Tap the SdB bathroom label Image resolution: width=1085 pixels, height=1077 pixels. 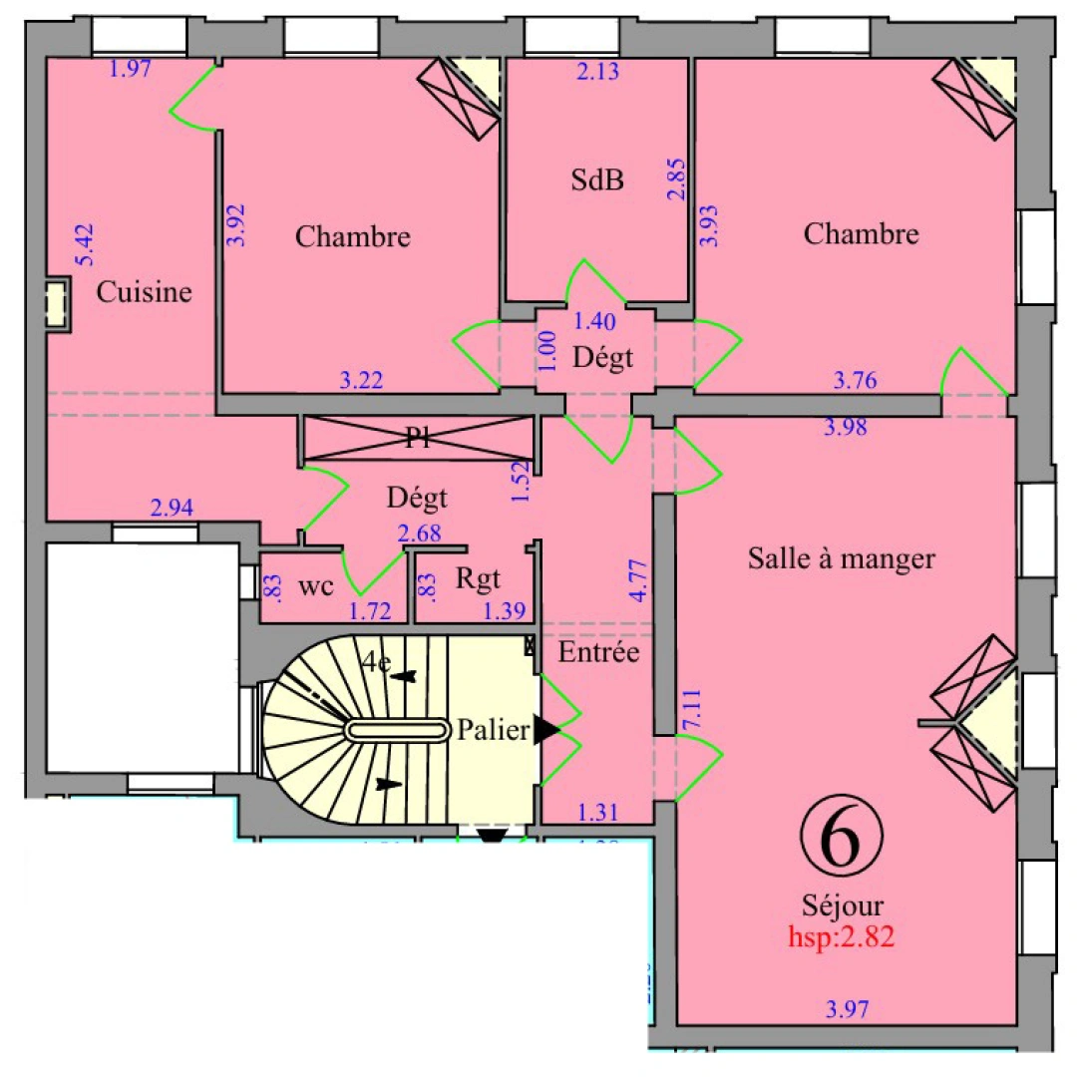click(x=597, y=180)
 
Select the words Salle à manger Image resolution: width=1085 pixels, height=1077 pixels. click(x=841, y=558)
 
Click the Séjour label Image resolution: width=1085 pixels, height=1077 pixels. click(x=842, y=906)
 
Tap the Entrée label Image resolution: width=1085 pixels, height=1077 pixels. click(x=598, y=653)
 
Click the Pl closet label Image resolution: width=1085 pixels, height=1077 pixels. click(x=419, y=440)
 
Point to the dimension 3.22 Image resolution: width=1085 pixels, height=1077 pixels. click(x=362, y=379)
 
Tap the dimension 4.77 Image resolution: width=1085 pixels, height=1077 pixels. click(x=638, y=580)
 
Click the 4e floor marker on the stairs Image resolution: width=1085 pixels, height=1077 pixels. click(x=377, y=663)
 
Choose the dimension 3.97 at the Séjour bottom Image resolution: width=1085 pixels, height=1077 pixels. click(x=848, y=1008)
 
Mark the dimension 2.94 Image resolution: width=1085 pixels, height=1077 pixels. click(x=171, y=509)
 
